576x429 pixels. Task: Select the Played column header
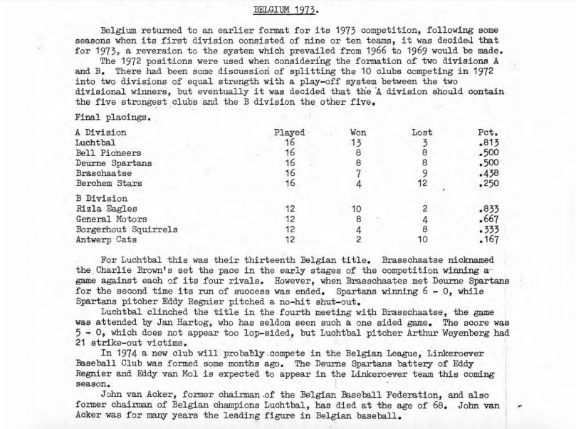pyautogui.click(x=289, y=133)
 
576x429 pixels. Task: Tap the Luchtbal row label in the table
pyautogui.click(x=95, y=143)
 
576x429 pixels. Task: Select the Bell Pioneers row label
pyautogui.click(x=108, y=153)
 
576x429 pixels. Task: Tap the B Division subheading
pyautogui.click(x=101, y=198)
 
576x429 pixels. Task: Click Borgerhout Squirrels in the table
pyautogui.click(x=126, y=229)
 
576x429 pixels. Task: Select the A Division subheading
pyautogui.click(x=100, y=133)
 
